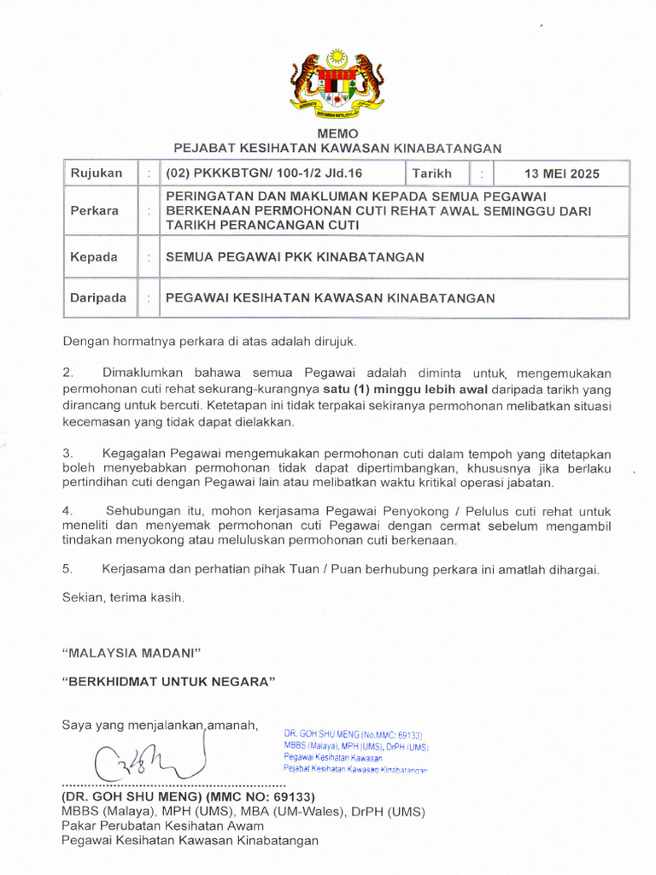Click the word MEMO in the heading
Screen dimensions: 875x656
(337, 134)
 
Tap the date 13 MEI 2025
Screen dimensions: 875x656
(562, 173)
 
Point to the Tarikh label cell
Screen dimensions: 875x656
(432, 173)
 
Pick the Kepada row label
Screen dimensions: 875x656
(94, 256)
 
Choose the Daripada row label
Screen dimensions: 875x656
(99, 298)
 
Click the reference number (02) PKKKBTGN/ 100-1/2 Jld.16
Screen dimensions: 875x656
(264, 173)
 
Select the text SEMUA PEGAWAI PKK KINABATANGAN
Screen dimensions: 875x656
(294, 256)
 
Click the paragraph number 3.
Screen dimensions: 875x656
(67, 453)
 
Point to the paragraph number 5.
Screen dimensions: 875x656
(67, 569)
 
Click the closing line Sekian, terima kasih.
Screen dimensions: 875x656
(123, 598)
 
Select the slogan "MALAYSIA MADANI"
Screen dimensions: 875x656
(131, 653)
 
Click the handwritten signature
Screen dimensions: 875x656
(149, 759)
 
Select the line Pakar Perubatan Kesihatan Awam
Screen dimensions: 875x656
(162, 825)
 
